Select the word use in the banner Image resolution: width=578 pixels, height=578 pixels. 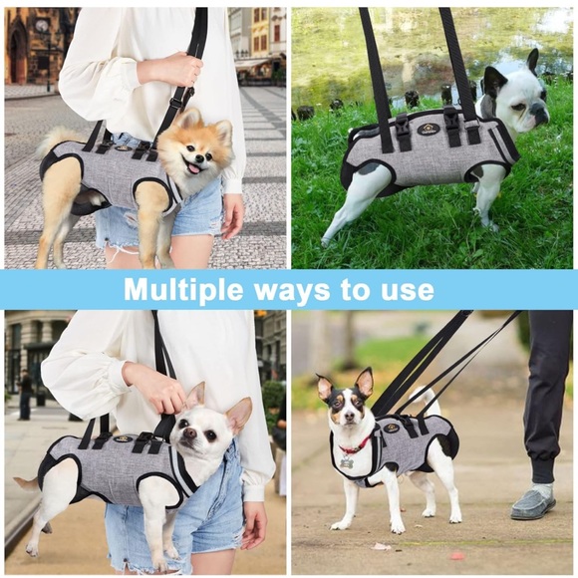pos(409,290)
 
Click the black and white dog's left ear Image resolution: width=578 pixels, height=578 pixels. pos(365,382)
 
